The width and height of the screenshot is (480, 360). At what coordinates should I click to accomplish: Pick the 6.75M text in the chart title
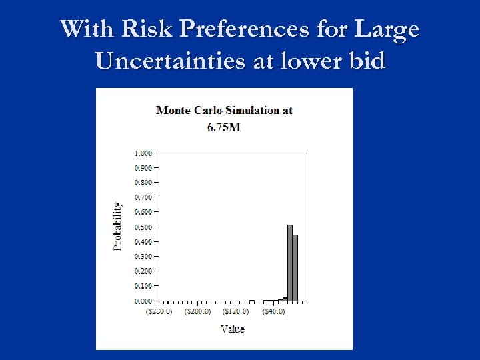(224, 127)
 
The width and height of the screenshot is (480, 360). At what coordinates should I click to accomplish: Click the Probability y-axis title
(117, 227)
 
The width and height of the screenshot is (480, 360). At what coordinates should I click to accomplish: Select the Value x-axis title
(232, 329)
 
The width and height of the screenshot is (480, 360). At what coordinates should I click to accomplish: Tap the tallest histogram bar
(290, 263)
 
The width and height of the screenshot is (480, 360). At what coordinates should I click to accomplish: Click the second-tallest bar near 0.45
(295, 267)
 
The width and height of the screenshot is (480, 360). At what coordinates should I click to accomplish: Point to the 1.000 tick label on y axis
(142, 153)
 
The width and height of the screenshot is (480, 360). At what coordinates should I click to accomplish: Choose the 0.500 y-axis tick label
(142, 227)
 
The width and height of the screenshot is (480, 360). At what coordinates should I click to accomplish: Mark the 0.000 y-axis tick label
(142, 301)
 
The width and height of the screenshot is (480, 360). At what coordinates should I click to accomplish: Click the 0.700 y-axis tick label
(142, 197)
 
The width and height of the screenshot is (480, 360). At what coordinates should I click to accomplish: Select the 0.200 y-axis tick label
(142, 271)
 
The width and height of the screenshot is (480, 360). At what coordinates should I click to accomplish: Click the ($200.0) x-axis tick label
(197, 311)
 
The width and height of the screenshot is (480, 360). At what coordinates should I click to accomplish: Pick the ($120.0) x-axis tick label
(235, 311)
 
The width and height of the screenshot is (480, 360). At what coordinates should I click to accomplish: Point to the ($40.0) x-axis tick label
(273, 311)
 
